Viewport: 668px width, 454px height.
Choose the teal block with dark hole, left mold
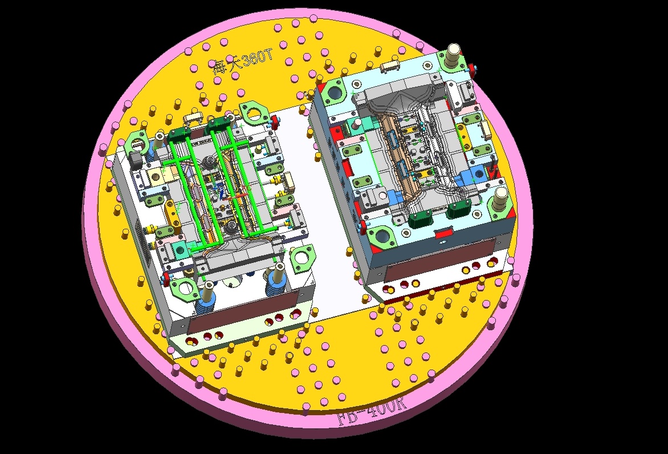(178, 248)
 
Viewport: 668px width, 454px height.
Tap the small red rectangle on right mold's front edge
(443, 233)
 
